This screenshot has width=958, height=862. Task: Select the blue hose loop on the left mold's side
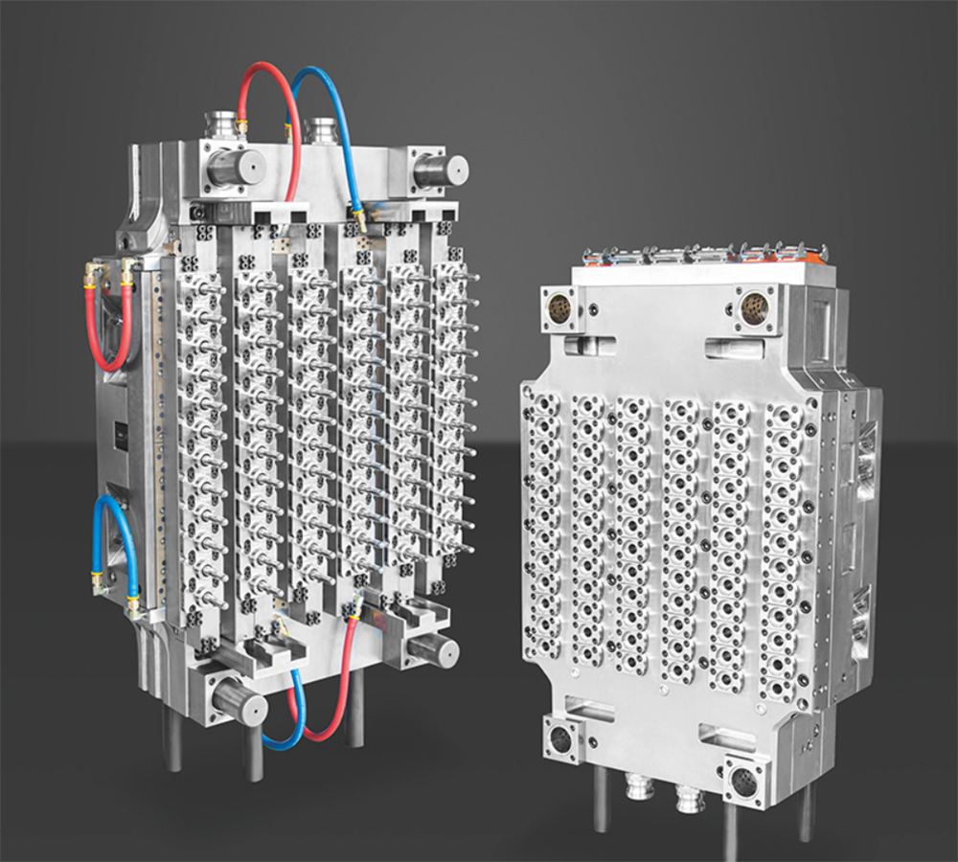[x=113, y=541]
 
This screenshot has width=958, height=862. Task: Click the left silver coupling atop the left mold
[x=224, y=125]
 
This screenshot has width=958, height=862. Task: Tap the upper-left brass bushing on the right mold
[x=559, y=307]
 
